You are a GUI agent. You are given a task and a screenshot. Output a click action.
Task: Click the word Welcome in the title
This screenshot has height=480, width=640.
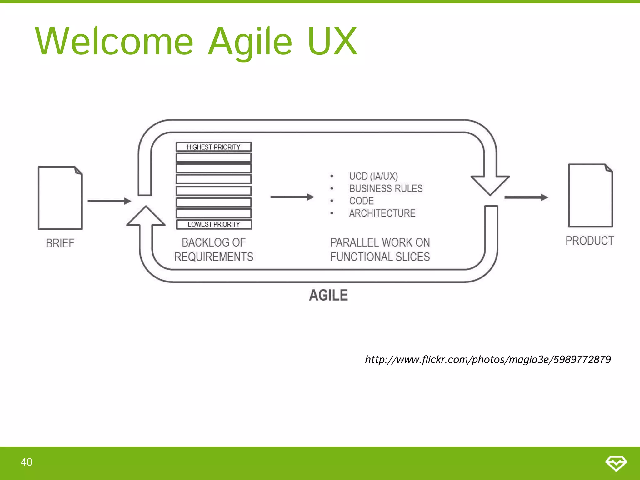114,41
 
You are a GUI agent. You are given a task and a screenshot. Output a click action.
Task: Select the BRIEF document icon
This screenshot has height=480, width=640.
60,198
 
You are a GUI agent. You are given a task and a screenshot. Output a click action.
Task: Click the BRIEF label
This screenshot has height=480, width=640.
60,243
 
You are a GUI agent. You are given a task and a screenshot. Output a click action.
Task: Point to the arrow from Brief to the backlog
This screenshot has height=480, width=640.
109,201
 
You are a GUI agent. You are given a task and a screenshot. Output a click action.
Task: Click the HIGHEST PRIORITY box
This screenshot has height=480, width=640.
214,147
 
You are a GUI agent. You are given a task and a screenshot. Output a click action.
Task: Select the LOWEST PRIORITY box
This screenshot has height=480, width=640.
214,224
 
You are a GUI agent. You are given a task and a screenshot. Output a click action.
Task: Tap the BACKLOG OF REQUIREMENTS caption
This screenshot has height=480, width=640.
214,249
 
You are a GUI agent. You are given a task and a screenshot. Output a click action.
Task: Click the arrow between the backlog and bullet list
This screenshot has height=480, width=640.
292,197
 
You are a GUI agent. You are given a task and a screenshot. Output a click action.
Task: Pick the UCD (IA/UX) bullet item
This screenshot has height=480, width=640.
373,176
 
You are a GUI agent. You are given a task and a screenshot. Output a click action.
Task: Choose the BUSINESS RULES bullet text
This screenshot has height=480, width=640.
386,188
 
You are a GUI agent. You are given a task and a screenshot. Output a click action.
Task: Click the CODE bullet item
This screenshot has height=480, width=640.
361,201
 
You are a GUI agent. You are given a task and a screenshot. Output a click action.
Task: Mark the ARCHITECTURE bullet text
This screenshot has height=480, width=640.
382,213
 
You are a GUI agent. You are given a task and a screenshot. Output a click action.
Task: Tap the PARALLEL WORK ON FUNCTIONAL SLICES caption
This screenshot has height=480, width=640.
380,249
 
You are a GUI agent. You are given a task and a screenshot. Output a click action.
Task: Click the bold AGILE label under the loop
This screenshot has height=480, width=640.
328,295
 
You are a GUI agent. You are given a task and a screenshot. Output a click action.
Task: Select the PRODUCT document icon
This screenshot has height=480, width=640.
590,196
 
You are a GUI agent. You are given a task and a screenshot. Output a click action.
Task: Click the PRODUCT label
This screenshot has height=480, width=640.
590,241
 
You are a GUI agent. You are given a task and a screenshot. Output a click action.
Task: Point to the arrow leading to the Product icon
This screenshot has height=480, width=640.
526,197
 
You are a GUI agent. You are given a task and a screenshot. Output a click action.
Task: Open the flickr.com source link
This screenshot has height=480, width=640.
488,360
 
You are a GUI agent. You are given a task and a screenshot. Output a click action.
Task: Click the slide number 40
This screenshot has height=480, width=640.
27,462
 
